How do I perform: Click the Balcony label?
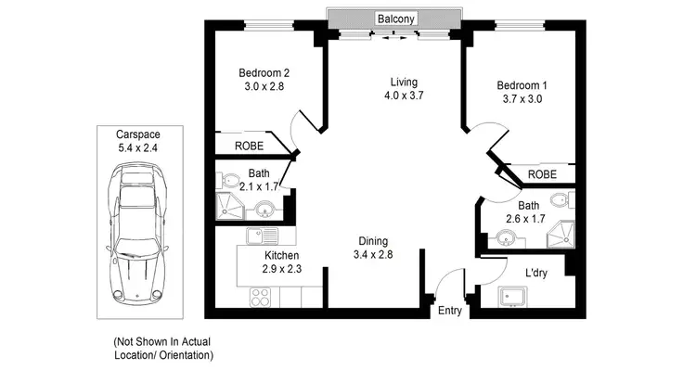pyautogui.click(x=395, y=18)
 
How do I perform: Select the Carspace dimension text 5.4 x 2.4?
pyautogui.click(x=136, y=147)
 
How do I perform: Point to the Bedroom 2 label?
pyautogui.click(x=265, y=73)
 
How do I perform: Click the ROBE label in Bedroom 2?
pyautogui.click(x=248, y=146)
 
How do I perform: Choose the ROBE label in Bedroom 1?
pyautogui.click(x=542, y=174)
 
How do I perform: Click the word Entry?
pyautogui.click(x=449, y=311)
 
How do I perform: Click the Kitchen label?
pyautogui.click(x=282, y=255)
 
